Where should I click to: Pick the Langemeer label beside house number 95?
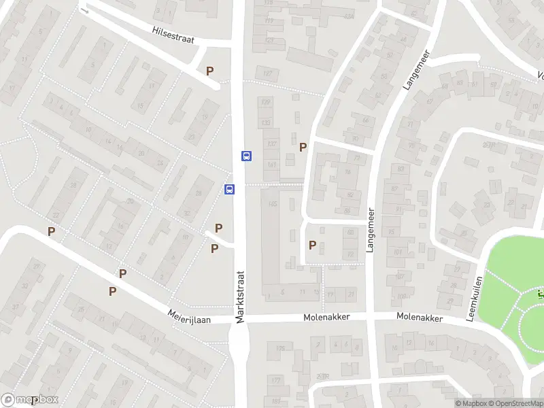(x=371, y=231)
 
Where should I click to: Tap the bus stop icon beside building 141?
(x=246, y=156)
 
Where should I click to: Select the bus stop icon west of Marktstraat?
(x=230, y=189)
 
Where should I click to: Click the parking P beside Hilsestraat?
(x=210, y=71)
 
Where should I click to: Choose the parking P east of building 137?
(x=303, y=146)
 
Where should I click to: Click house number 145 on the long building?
(x=273, y=203)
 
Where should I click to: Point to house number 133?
(x=266, y=122)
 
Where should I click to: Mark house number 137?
(x=272, y=143)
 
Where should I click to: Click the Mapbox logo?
(x=30, y=400)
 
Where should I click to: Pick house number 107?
(x=269, y=73)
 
